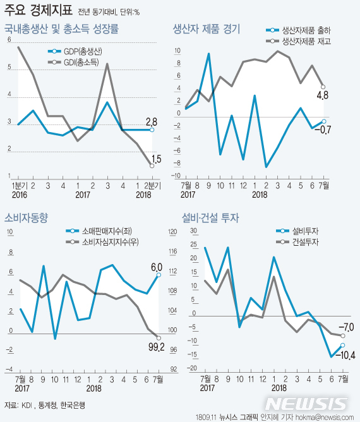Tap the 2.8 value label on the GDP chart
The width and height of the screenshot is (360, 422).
[x=152, y=121]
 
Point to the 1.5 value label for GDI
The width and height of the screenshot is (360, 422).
[x=156, y=160]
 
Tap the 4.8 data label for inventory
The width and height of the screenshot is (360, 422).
[x=322, y=96]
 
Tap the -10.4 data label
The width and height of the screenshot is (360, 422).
[x=345, y=356]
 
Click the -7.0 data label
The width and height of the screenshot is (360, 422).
[x=345, y=327]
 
